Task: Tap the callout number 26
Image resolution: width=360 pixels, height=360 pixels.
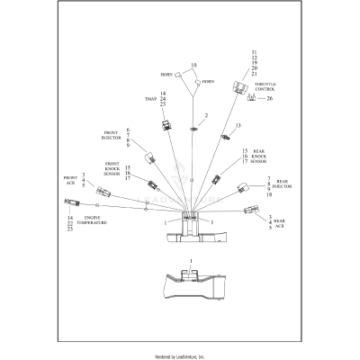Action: click(269, 98)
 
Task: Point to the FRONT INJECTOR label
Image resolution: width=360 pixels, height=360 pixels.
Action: click(117, 137)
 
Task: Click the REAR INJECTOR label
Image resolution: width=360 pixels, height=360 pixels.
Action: click(286, 184)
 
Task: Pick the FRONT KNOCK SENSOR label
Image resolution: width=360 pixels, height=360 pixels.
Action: click(111, 167)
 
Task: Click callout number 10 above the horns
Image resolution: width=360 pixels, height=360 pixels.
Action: click(193, 65)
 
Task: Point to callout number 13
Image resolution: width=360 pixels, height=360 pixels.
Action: click(238, 126)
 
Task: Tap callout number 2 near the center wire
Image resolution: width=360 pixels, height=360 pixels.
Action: click(205, 116)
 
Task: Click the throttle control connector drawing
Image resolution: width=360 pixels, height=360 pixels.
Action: click(240, 87)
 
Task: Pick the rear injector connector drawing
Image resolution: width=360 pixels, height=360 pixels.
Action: click(241, 188)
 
